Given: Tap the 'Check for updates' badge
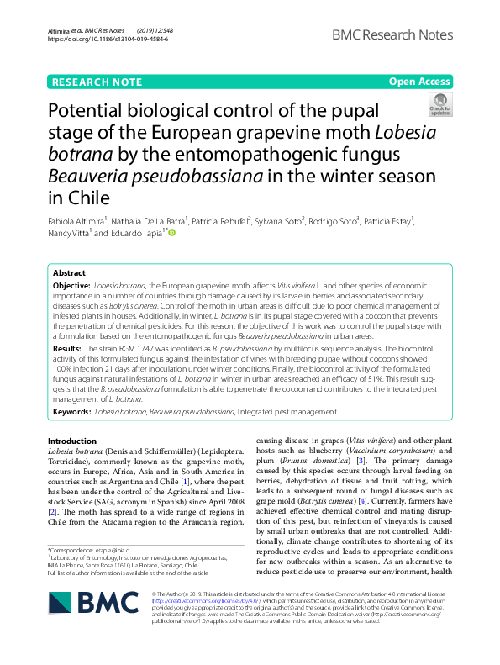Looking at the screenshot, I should pos(439,104).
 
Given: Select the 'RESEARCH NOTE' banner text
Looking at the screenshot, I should pos(97,82).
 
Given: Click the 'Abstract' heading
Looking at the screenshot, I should pos(69,273).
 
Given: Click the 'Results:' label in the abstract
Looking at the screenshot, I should pos(67,346).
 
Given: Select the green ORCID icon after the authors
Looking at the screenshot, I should pos(171,232).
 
